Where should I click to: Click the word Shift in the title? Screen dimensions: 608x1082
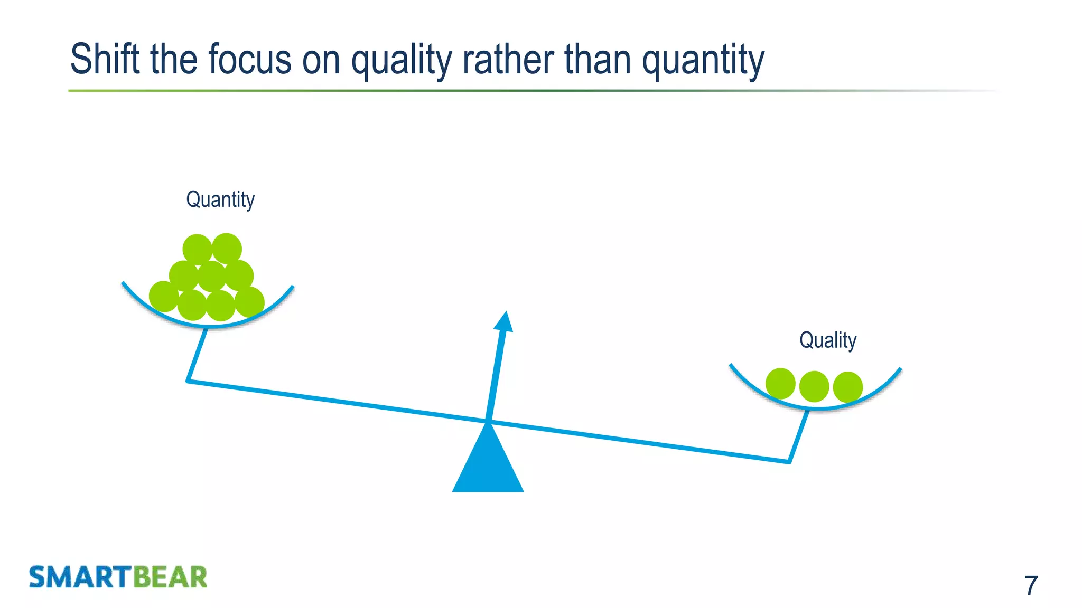[x=105, y=59]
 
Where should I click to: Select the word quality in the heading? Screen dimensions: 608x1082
[x=402, y=60]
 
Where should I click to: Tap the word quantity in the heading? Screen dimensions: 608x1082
[x=703, y=60]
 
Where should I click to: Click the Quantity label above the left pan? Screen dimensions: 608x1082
[x=220, y=199]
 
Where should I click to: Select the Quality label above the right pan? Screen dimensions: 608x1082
[x=827, y=340]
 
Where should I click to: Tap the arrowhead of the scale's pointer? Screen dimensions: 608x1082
[x=504, y=321]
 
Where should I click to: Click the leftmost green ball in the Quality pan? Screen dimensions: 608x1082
[x=780, y=384]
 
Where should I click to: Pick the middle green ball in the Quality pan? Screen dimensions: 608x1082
[x=814, y=386]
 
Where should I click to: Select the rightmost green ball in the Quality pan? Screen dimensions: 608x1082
[x=848, y=387]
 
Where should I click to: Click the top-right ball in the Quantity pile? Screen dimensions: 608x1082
[x=227, y=248]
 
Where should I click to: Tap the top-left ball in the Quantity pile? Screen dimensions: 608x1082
[x=197, y=249]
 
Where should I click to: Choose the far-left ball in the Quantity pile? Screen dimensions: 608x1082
[x=164, y=297]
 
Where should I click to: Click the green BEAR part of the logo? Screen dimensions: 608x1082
[x=170, y=577]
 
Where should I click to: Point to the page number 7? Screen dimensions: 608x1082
[x=1031, y=585]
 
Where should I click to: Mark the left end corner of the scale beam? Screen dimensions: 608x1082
[x=188, y=381]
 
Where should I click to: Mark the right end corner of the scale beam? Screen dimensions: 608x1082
[x=789, y=462]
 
